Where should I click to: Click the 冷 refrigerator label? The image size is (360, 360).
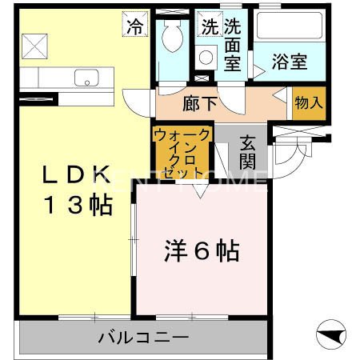tap(134, 25)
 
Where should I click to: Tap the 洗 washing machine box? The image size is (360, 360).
tap(209, 25)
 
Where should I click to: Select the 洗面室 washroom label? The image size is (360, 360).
tap(233, 46)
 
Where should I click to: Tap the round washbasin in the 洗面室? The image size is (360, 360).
tap(206, 57)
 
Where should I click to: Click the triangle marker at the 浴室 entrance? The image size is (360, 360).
tap(257, 70)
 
